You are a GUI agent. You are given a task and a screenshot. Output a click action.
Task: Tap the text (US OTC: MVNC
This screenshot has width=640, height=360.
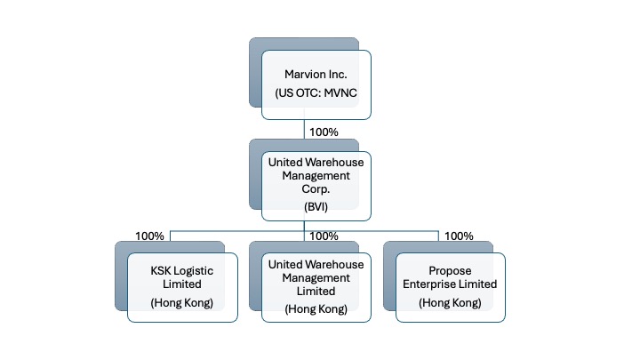click(316, 92)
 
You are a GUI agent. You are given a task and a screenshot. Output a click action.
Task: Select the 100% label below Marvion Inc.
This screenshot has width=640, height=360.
click(323, 132)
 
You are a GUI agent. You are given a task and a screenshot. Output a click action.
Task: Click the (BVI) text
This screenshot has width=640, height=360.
click(316, 206)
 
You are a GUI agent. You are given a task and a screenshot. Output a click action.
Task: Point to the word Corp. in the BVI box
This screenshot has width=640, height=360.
click(316, 189)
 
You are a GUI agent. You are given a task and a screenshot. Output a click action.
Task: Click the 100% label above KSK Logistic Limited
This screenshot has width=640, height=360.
click(149, 236)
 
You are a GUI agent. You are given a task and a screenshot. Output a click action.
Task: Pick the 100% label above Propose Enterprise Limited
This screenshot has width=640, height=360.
click(458, 236)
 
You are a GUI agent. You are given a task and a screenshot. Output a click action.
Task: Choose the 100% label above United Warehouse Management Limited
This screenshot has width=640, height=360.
click(323, 236)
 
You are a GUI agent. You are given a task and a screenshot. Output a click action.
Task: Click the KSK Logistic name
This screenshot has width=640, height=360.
click(182, 270)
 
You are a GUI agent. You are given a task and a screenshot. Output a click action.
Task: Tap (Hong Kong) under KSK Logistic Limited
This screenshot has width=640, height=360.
click(182, 303)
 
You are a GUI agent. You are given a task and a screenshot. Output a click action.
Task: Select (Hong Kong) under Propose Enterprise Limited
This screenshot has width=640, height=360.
click(451, 303)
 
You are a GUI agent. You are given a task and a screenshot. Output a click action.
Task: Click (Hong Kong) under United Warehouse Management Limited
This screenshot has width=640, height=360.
click(316, 308)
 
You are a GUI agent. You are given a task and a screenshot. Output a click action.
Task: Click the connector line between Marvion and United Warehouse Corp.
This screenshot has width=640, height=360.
click(305, 132)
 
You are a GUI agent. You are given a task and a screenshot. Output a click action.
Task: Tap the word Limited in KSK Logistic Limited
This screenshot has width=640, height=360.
click(182, 284)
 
